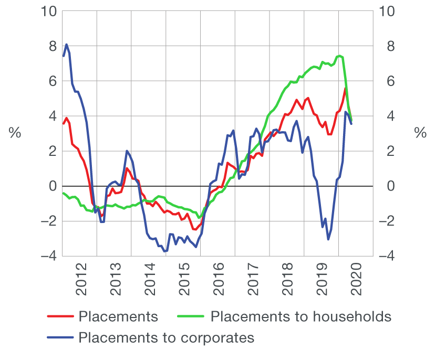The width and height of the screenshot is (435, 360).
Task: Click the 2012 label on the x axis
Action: tap(80, 281)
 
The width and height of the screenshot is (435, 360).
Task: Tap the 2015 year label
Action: tap(184, 281)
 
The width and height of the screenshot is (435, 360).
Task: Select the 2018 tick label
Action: tap(287, 281)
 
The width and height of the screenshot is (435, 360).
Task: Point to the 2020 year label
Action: tap(356, 281)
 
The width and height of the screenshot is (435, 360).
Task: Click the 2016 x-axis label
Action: tap(219, 281)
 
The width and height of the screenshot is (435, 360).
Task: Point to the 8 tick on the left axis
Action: tap(51, 46)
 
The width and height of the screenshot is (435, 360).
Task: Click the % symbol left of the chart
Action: tap(15, 133)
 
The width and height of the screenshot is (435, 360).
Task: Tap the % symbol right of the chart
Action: tap(420, 133)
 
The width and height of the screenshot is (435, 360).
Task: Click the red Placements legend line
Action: tap(60, 316)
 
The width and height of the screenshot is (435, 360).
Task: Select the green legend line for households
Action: tap(192, 316)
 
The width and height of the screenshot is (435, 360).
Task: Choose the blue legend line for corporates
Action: tap(60, 337)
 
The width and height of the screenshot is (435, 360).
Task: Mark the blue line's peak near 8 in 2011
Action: tap(67, 45)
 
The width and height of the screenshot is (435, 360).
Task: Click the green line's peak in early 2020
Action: tap(339, 56)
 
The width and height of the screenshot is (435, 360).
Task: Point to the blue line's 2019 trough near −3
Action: tap(328, 239)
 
